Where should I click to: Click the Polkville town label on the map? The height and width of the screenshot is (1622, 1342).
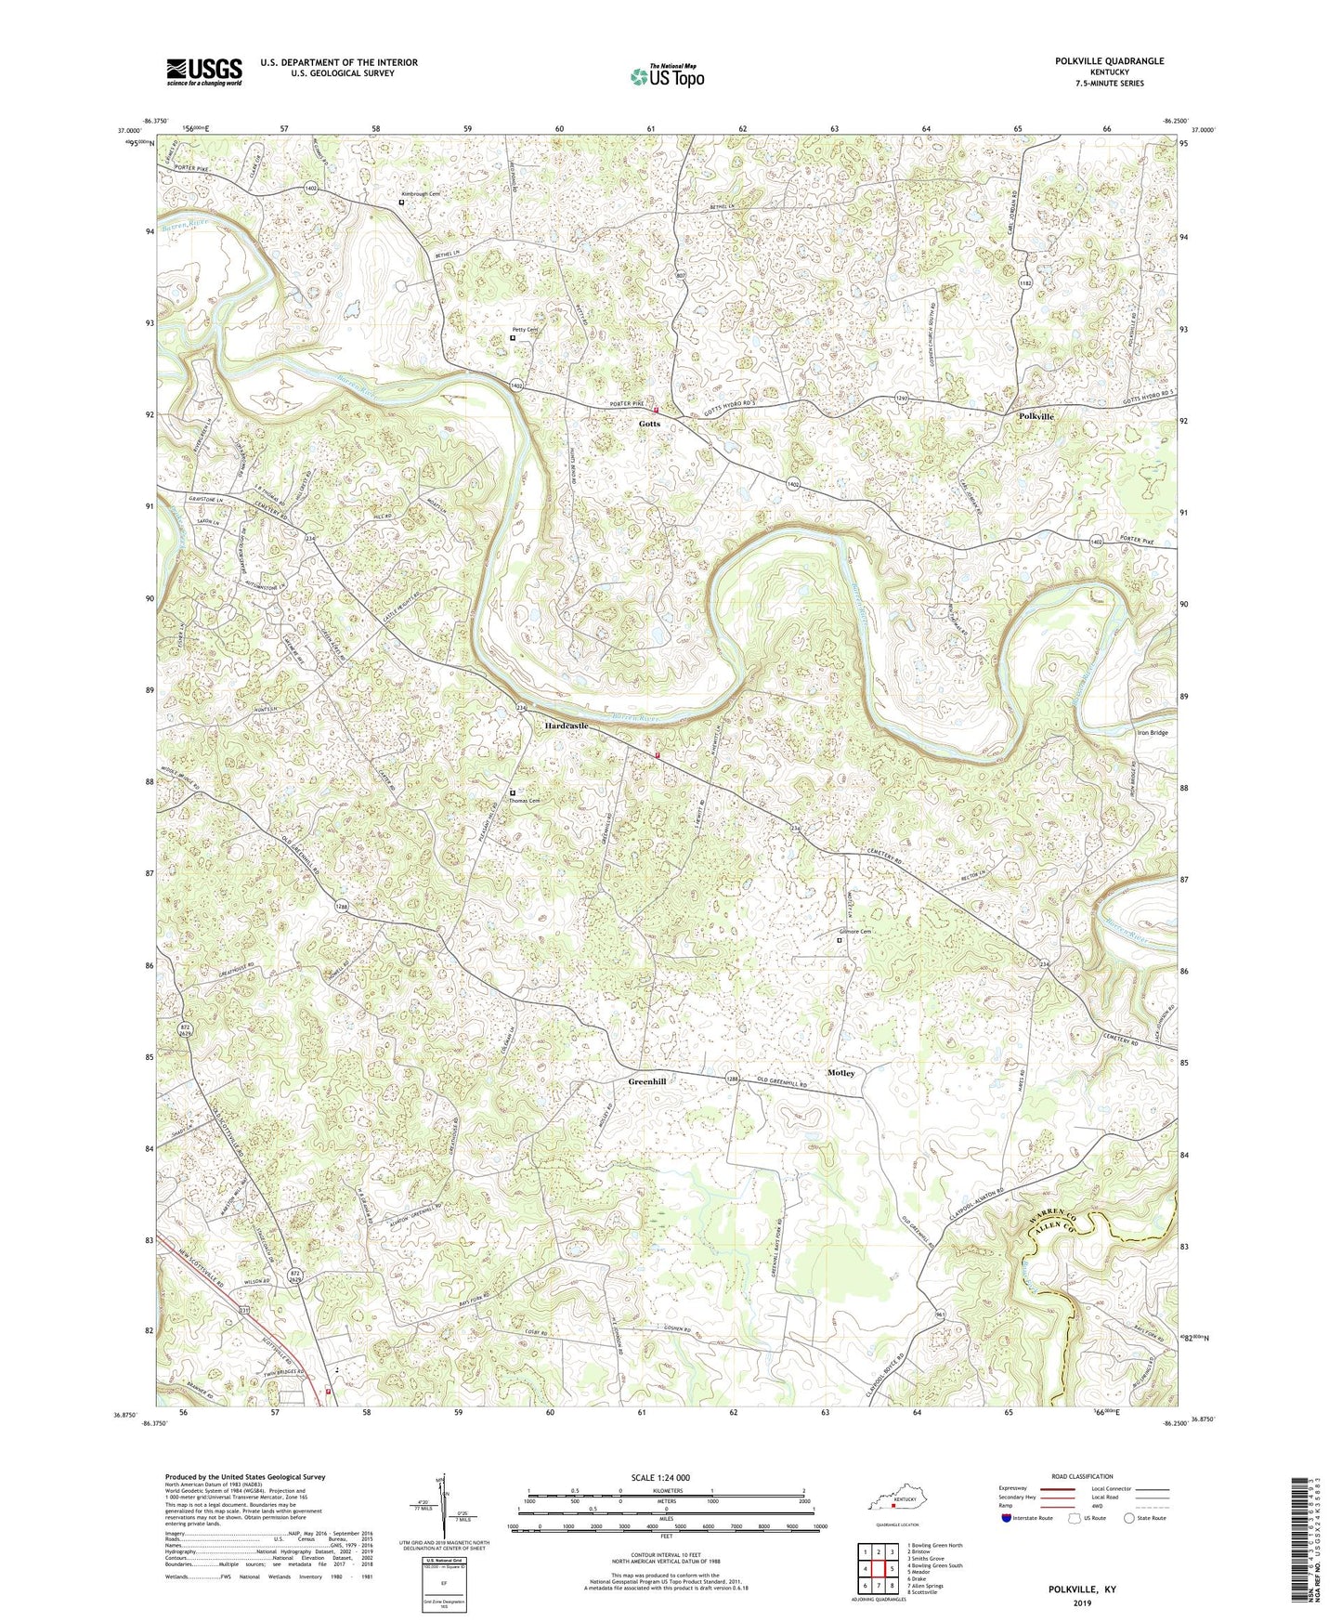tap(1036, 416)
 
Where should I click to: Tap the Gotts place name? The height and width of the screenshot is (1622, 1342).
tap(649, 424)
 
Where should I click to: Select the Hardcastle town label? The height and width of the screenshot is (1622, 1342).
tap(567, 725)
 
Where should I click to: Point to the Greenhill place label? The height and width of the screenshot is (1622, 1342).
tap(647, 1082)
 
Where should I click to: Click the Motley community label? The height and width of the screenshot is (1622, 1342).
tap(840, 1073)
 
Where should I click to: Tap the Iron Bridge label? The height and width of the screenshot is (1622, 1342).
tap(1152, 732)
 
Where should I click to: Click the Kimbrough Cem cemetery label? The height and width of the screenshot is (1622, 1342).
tap(421, 194)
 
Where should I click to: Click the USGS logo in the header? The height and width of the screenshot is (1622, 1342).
tap(204, 72)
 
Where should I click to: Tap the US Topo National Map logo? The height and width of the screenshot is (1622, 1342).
tap(666, 75)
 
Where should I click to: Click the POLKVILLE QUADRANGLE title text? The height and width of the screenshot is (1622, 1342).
tap(1109, 61)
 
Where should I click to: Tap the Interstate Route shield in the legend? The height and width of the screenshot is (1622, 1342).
tap(1009, 1518)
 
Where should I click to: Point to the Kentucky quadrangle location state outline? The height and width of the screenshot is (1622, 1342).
tap(892, 1500)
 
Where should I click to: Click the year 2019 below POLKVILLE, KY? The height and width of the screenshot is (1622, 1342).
tap(1082, 1602)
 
